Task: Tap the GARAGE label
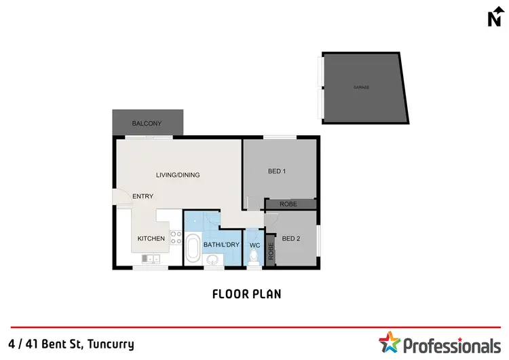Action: (x=361, y=88)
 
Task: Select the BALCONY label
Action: (x=147, y=123)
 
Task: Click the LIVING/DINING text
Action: (x=178, y=175)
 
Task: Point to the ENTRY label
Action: (x=143, y=196)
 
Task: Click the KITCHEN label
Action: (x=151, y=238)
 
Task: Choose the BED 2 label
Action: (x=291, y=238)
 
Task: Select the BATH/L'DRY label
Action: (x=221, y=245)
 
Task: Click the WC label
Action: (x=254, y=245)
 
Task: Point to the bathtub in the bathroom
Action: (x=193, y=249)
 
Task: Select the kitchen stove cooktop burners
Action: (x=175, y=237)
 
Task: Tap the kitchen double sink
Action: (x=151, y=258)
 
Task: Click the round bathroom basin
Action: (x=212, y=259)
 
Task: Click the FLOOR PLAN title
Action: (x=246, y=294)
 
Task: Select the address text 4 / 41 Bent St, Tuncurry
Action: (x=72, y=344)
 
